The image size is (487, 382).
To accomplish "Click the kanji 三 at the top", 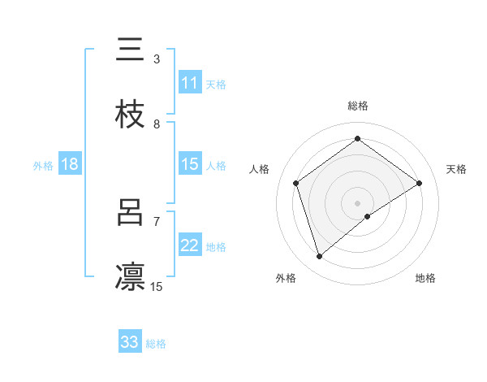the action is (x=130, y=50).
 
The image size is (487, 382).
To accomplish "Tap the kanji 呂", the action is (x=130, y=213).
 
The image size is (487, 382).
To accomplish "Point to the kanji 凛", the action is (x=130, y=277).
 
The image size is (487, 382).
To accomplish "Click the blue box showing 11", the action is (x=189, y=83).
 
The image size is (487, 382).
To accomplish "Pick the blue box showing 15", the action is (x=189, y=164).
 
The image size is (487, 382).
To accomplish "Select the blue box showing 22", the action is (x=189, y=245).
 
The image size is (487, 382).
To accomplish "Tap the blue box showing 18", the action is (x=70, y=164).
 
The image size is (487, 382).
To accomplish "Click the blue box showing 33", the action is (x=130, y=342).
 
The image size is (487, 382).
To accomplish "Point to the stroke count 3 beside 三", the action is (x=156, y=59).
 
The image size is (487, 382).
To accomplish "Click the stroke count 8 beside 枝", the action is (x=156, y=124).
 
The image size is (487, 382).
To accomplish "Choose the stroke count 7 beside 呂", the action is (x=156, y=221).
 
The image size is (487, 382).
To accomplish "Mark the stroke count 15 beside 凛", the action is (x=156, y=286).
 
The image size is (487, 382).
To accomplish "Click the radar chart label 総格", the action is (x=357, y=106).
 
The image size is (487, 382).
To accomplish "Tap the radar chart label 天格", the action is (x=456, y=169).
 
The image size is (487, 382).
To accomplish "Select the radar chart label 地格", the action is (x=425, y=278).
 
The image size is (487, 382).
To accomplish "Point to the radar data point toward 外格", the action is (x=319, y=257).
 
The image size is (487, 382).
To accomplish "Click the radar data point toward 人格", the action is (x=296, y=183).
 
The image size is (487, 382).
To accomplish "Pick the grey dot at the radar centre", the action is (x=357, y=202).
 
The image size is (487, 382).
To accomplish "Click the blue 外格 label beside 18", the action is (x=43, y=165).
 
